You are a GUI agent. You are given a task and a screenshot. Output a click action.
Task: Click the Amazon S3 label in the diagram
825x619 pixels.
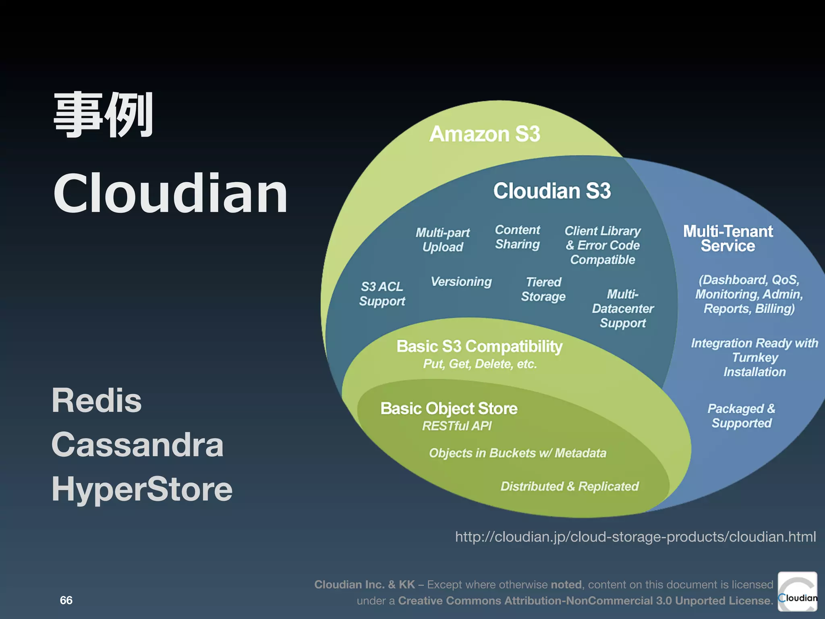pyautogui.click(x=485, y=134)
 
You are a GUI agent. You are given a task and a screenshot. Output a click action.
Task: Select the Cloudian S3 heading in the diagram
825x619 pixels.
pyautogui.click(x=552, y=191)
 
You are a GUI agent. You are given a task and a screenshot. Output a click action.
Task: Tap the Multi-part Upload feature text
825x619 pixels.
pyautogui.click(x=443, y=240)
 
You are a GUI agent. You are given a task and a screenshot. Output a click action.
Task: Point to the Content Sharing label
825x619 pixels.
pyautogui.click(x=517, y=237)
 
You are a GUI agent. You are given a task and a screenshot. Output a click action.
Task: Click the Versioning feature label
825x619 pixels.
pyautogui.click(x=461, y=281)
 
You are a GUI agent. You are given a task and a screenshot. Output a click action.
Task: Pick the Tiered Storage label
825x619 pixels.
pyautogui.click(x=543, y=289)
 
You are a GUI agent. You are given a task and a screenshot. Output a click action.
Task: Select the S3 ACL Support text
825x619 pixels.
pyautogui.click(x=382, y=294)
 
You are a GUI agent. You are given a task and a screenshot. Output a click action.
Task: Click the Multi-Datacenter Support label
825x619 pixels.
pyautogui.click(x=623, y=308)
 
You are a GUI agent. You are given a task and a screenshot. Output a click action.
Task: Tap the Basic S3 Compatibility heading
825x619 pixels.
pyautogui.click(x=479, y=347)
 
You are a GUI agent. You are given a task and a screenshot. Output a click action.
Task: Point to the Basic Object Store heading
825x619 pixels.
pyautogui.click(x=449, y=409)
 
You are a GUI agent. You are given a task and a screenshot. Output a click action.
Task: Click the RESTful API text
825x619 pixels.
pyautogui.click(x=457, y=426)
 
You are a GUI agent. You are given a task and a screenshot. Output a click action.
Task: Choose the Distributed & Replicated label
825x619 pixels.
pyautogui.click(x=570, y=486)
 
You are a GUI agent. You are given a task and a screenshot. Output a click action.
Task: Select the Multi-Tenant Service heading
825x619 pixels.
pyautogui.click(x=728, y=239)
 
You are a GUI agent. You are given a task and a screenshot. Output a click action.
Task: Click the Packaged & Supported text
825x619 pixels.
pyautogui.click(x=742, y=416)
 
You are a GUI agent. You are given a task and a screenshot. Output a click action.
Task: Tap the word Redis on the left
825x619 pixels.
pyautogui.click(x=97, y=401)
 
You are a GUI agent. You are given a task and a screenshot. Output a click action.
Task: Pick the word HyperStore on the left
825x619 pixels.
pyautogui.click(x=142, y=489)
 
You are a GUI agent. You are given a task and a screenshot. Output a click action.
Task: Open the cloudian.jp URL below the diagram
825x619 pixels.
pyautogui.click(x=635, y=537)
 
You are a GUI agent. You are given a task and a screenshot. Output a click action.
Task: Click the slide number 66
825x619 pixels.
pyautogui.click(x=66, y=600)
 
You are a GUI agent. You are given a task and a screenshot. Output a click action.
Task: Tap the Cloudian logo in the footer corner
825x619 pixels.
pyautogui.click(x=797, y=592)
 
